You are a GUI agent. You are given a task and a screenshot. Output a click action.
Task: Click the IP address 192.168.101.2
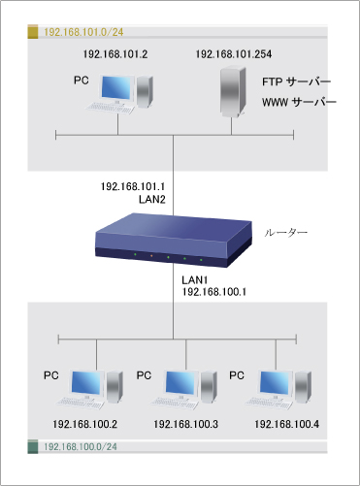(115, 55)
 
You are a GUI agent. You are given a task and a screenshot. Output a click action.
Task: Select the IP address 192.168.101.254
(233, 55)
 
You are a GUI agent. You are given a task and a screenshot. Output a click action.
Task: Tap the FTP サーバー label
(296, 81)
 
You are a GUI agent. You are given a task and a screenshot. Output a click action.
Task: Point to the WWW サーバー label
(299, 102)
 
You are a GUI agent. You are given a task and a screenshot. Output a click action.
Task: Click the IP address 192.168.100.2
(86, 424)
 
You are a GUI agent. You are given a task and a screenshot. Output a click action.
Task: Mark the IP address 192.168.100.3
(185, 424)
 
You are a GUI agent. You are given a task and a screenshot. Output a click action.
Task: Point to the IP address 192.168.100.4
(285, 424)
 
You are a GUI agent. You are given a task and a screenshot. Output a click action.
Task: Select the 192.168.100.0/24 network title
(82, 447)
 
